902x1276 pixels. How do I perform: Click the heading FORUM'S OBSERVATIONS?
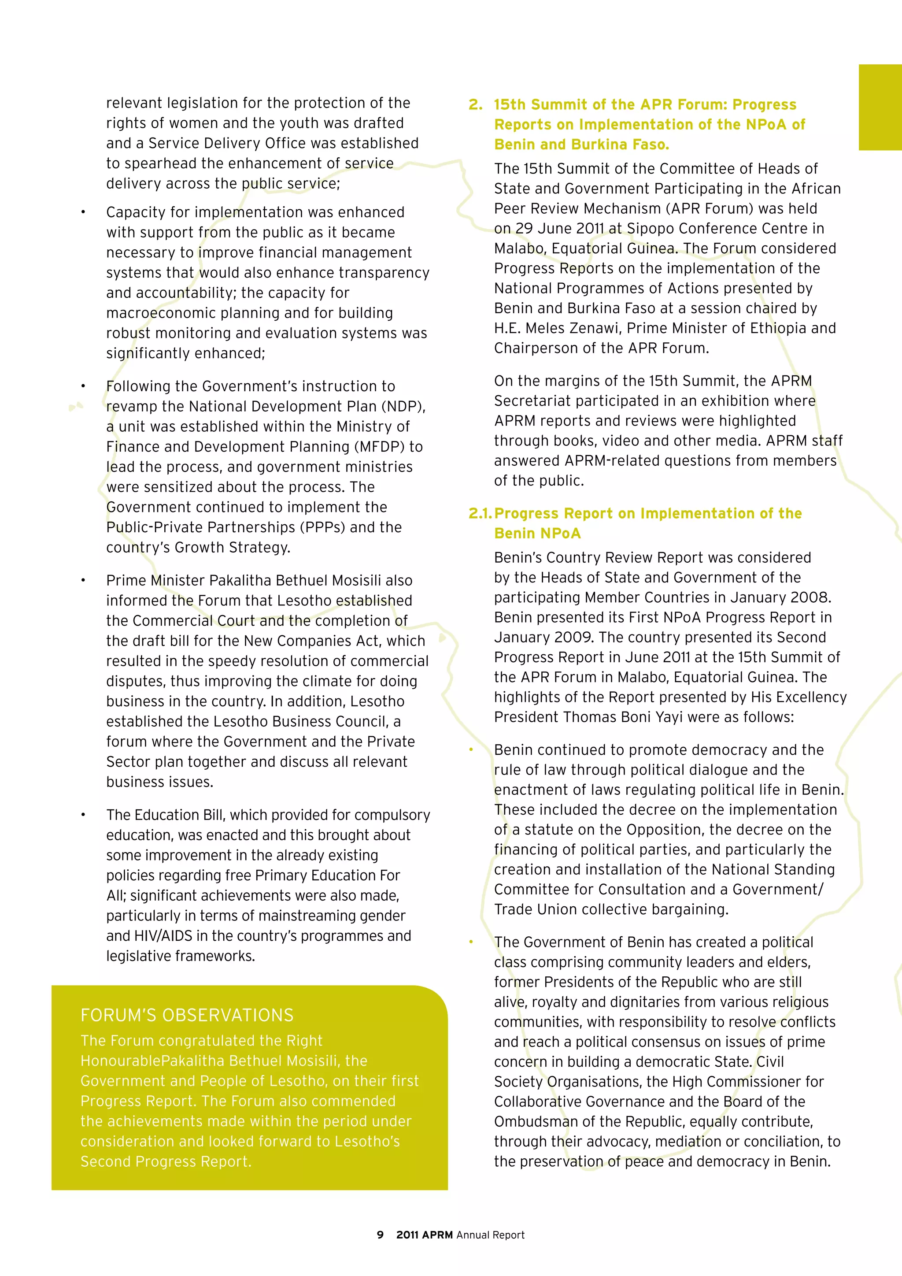[187, 1015]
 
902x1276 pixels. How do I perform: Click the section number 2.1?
[480, 513]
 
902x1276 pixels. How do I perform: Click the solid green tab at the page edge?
[880, 107]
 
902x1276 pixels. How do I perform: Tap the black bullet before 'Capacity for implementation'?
[83, 212]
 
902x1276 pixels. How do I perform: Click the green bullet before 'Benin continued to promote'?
[471, 750]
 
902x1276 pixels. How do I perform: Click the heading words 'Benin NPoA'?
[537, 534]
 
